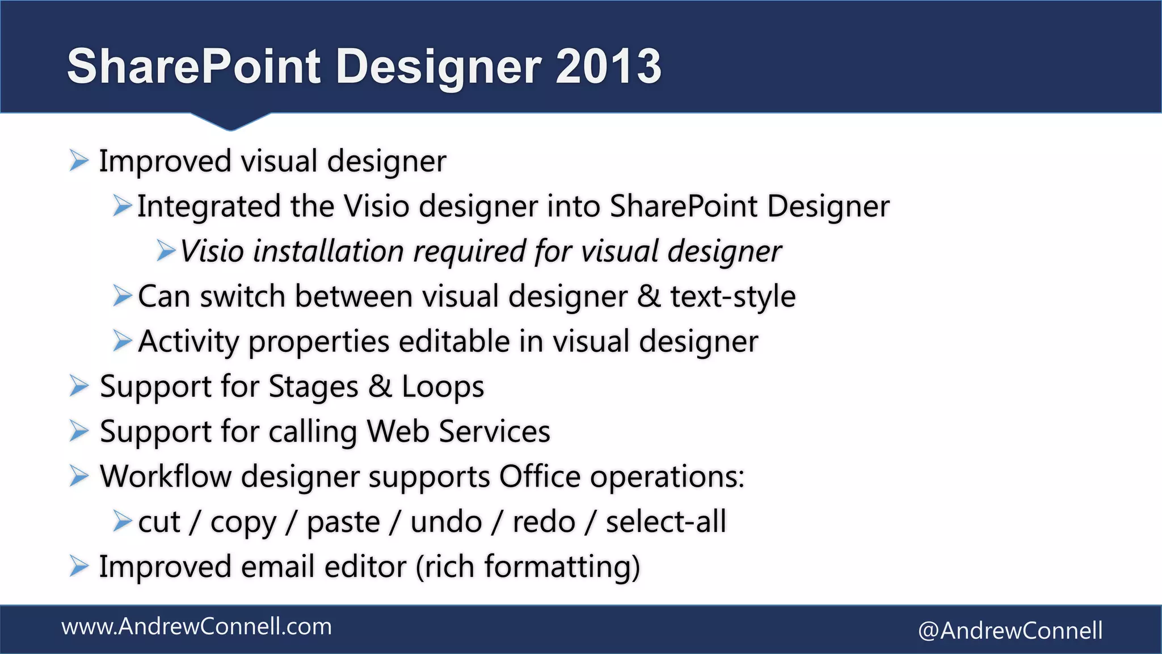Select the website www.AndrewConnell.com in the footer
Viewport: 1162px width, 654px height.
(196, 627)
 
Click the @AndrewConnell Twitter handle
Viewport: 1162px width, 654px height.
(1010, 631)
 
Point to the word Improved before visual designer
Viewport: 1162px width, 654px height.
(165, 162)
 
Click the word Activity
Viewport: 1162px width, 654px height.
(188, 342)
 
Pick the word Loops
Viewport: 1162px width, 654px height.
(443, 387)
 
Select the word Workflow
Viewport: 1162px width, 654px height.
(165, 476)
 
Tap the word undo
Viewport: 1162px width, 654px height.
(446, 522)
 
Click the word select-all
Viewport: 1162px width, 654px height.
(666, 522)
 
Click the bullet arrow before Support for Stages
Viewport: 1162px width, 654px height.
(79, 387)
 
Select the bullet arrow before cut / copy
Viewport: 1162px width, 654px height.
(122, 521)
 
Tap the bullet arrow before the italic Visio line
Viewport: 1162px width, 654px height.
(166, 250)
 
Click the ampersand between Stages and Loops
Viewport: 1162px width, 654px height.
(380, 387)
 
